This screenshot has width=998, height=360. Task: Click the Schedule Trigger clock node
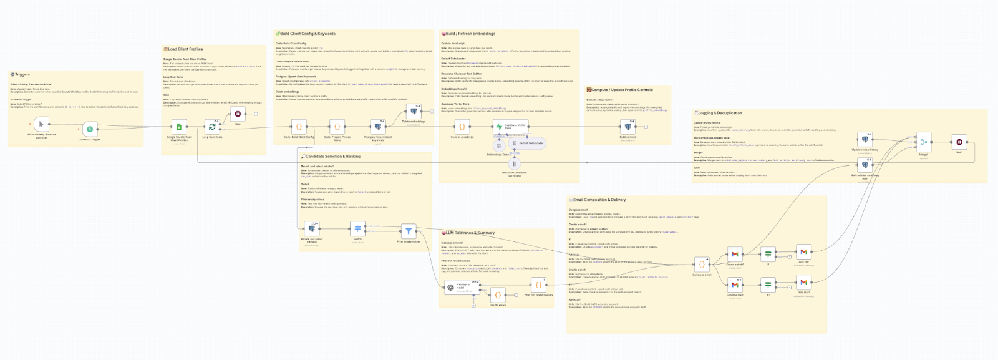(x=90, y=129)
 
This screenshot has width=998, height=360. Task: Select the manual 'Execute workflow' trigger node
(x=41, y=125)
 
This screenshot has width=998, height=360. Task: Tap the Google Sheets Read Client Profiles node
(x=179, y=127)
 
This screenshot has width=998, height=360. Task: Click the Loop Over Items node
(x=212, y=127)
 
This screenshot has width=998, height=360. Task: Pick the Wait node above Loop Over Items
(x=238, y=114)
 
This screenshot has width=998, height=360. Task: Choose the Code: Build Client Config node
(x=299, y=127)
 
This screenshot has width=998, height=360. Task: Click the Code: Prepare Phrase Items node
(x=337, y=127)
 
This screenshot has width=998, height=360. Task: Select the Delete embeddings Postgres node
(x=414, y=112)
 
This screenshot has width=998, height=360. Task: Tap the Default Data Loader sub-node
(x=528, y=143)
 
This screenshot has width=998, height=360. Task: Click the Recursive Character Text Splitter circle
(x=515, y=164)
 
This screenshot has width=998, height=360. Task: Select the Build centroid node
(x=628, y=127)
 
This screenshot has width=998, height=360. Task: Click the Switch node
(x=357, y=229)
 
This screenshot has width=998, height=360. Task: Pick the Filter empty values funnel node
(x=409, y=231)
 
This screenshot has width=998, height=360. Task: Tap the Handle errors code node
(x=498, y=295)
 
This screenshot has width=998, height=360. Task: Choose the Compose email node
(x=702, y=264)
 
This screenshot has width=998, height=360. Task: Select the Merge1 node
(x=923, y=142)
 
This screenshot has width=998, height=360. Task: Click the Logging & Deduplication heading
(x=720, y=113)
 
